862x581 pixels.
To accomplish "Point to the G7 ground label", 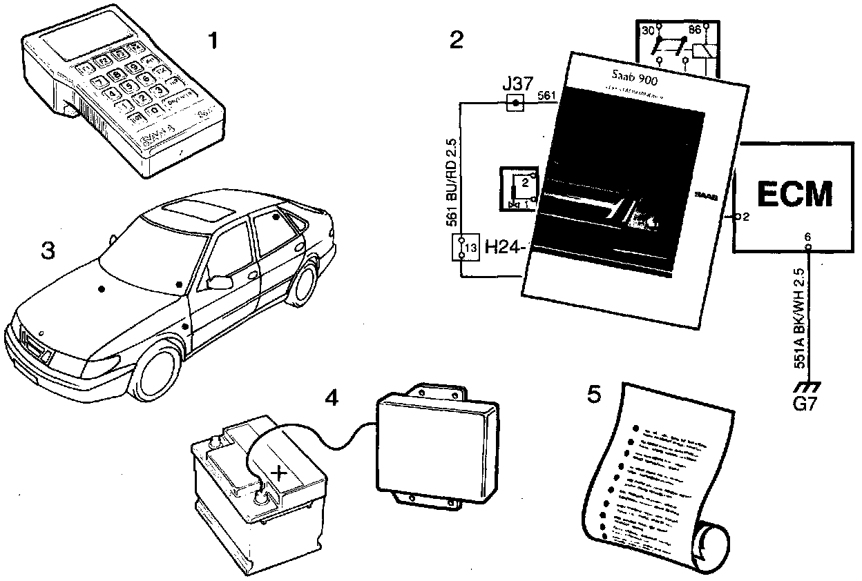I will [x=805, y=404].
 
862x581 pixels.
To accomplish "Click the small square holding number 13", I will [x=468, y=248].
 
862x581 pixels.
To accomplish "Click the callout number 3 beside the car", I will [x=47, y=251].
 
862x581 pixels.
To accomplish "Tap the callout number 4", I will [x=332, y=398].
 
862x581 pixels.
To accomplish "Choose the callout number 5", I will [x=593, y=395].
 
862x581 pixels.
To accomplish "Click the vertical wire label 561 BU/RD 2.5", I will [x=450, y=182].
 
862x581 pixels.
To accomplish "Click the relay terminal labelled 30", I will [x=648, y=32].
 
